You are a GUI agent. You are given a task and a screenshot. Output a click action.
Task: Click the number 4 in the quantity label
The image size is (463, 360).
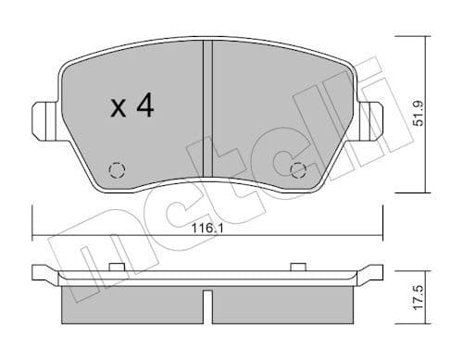[x=144, y=107]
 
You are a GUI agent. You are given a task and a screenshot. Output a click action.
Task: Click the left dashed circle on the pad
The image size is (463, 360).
[x=117, y=169]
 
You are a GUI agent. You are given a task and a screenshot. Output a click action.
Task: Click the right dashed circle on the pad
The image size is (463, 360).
[x=298, y=169]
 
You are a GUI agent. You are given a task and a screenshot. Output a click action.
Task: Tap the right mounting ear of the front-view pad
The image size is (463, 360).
[x=371, y=118]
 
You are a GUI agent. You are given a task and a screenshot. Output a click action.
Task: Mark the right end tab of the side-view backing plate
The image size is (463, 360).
[x=376, y=273]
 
